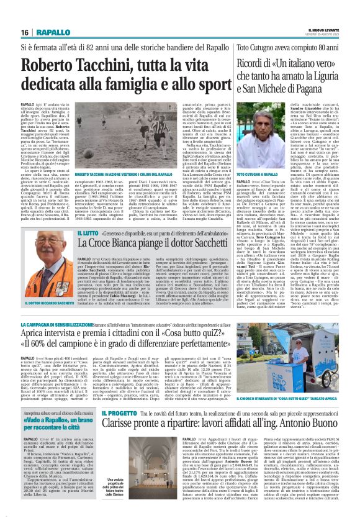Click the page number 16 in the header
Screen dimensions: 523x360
[24, 32]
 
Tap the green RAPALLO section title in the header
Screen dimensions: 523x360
[52, 32]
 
